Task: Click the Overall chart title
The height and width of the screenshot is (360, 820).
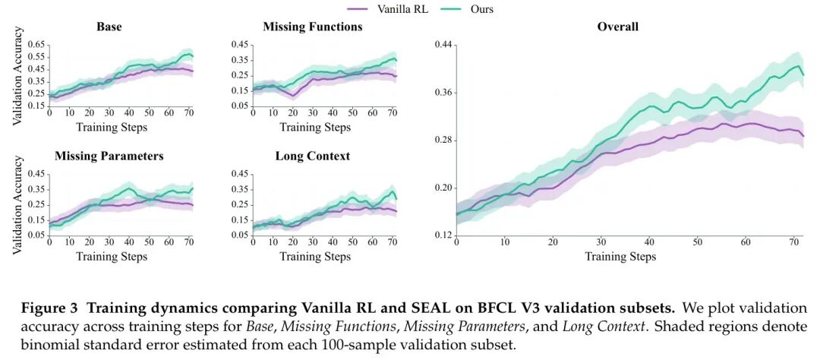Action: click(x=617, y=27)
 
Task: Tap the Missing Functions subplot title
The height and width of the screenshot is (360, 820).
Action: click(x=312, y=27)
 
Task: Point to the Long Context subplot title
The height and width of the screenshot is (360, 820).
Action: click(x=312, y=156)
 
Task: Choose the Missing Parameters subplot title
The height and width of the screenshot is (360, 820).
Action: click(x=109, y=156)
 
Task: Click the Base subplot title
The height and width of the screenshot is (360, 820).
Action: click(x=109, y=27)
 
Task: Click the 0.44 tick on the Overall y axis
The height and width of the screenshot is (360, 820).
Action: click(x=443, y=45)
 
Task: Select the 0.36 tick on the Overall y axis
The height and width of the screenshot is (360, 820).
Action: click(x=443, y=93)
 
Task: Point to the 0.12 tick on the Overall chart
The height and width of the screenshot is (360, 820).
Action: click(x=443, y=235)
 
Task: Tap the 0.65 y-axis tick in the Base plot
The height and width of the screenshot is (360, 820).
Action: click(x=37, y=45)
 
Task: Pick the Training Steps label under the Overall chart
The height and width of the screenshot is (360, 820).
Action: click(x=620, y=257)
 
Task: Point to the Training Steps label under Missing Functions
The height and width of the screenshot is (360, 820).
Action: click(x=315, y=127)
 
